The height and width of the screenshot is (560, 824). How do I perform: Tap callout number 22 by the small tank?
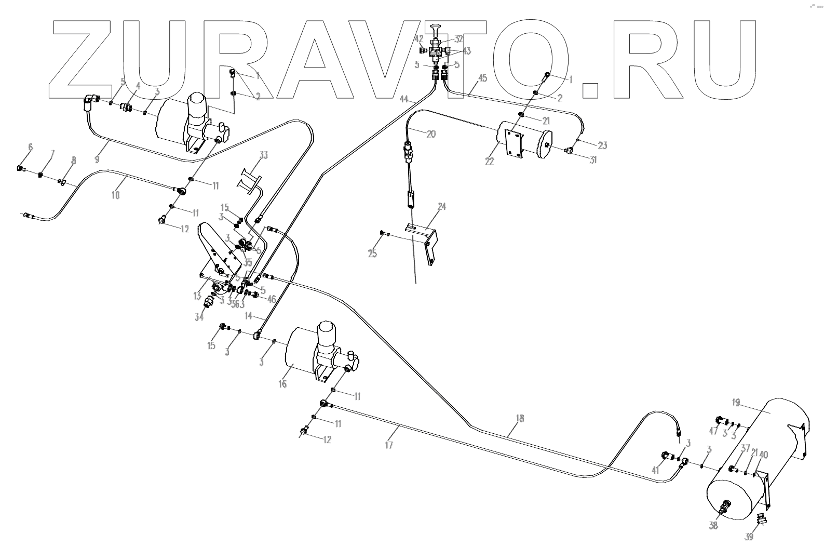coord(489,162)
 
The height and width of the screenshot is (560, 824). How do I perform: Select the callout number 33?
coord(264,155)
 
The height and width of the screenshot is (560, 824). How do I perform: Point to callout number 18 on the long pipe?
coord(520,419)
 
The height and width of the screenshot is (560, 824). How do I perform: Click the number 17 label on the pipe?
coord(389,445)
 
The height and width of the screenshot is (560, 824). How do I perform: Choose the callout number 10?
coord(116,195)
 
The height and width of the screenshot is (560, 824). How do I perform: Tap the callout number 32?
coord(458,39)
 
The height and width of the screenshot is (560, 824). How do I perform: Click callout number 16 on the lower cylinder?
coord(282,384)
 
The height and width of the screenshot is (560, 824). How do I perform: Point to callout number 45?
coord(482,78)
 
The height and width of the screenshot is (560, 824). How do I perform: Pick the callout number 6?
coord(30,148)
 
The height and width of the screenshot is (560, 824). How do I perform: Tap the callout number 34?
coord(199,317)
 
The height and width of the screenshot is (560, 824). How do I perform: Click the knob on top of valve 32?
coord(437,28)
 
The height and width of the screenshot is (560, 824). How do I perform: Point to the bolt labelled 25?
coord(382,232)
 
